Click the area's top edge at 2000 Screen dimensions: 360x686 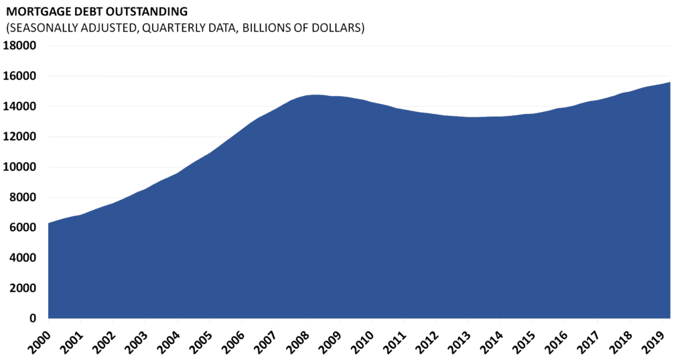(49, 223)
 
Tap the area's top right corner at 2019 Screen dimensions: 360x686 (670, 82)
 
